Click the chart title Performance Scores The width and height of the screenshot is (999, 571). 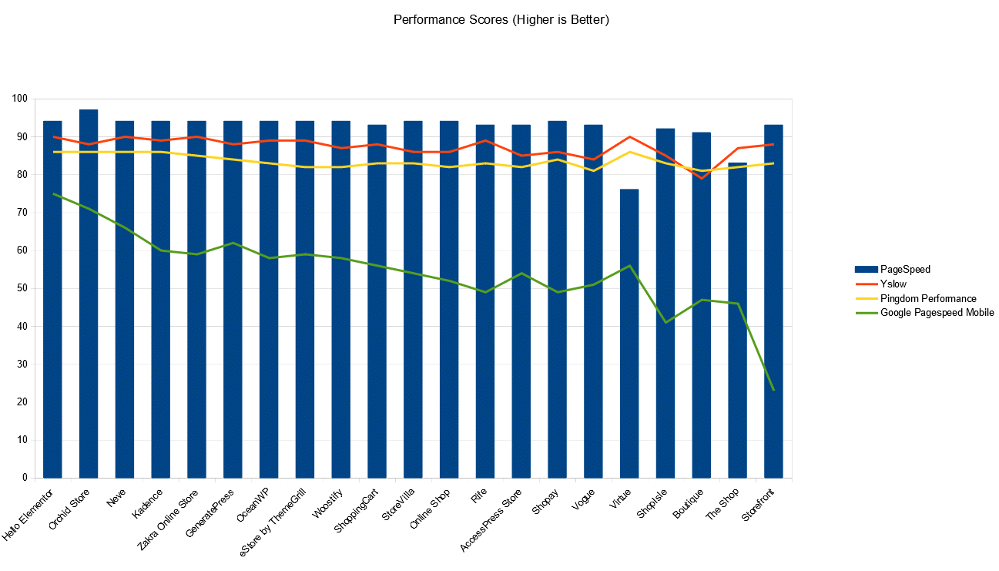pyautogui.click(x=501, y=20)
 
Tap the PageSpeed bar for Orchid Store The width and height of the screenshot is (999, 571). pyautogui.click(x=89, y=293)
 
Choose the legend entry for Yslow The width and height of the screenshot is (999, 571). pyautogui.click(x=893, y=284)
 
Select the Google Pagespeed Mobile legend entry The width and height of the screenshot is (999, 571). pyautogui.click(x=937, y=313)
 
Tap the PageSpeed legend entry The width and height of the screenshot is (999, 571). pyautogui.click(x=904, y=269)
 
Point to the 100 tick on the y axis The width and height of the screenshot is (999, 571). pyautogui.click(x=19, y=99)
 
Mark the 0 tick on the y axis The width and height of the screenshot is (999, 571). pyautogui.click(x=25, y=479)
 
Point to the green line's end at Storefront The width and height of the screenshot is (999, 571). pyautogui.click(x=773, y=391)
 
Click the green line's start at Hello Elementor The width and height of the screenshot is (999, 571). pyautogui.click(x=52, y=194)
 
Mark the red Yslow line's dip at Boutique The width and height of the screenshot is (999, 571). pyautogui.click(x=701, y=178)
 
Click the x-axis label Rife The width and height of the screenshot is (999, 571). pyautogui.click(x=480, y=496)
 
